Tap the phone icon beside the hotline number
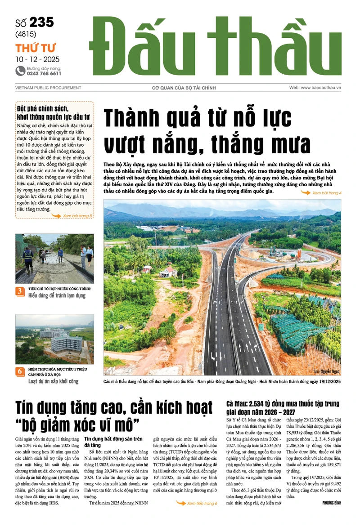pyautogui.click(x=20, y=70)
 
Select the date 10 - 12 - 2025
pyautogui.click(x=37, y=59)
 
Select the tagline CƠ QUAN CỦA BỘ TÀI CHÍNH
pyautogui.click(x=180, y=88)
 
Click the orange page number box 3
pyautogui.click(x=20, y=291)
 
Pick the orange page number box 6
pyautogui.click(x=20, y=371)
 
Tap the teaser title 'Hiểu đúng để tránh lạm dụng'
pyautogui.click(x=57, y=296)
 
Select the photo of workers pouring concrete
pyautogui.click(x=54, y=259)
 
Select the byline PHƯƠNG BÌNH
pyautogui.click(x=332, y=503)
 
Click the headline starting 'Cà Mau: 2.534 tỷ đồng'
pyautogui.click(x=283, y=407)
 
